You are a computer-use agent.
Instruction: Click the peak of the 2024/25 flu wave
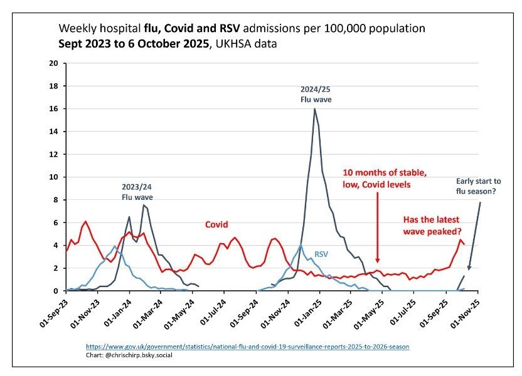tap(314, 109)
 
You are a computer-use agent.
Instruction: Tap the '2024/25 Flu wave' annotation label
tap(316, 94)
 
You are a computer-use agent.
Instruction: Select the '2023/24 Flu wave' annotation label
tap(137, 191)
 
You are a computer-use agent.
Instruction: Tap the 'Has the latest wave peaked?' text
tap(432, 225)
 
